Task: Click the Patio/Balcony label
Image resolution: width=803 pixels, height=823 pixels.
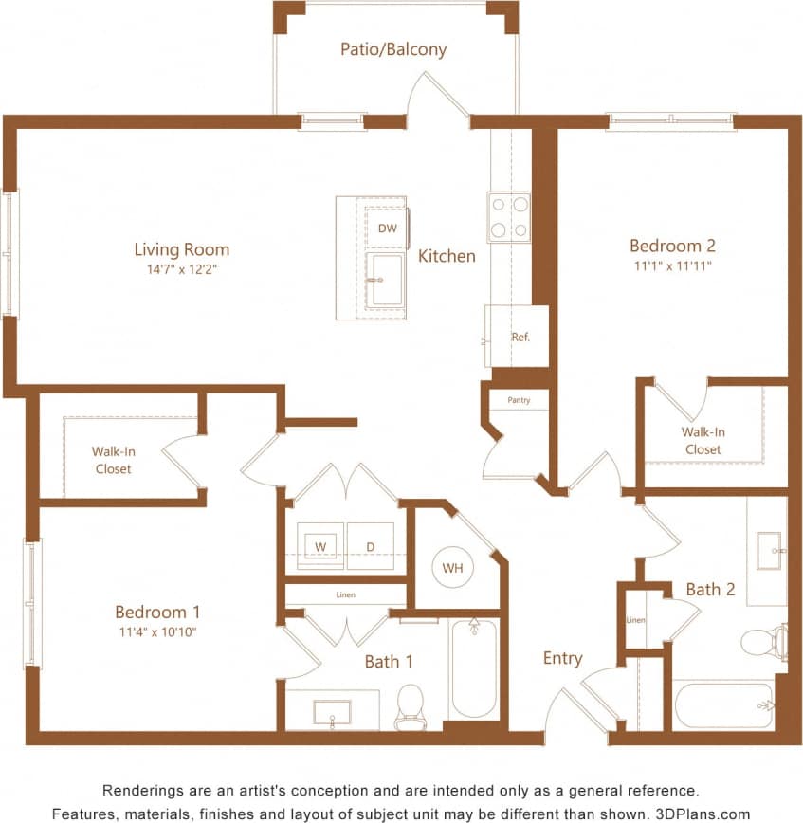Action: [393, 48]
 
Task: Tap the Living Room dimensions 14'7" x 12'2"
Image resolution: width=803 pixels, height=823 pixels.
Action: [181, 268]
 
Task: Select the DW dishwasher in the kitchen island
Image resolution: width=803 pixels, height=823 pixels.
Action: [387, 229]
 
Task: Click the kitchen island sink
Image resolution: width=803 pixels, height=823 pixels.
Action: [386, 281]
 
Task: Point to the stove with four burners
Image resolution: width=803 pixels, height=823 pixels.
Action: [509, 216]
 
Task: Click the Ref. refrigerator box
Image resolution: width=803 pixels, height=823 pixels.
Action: [520, 337]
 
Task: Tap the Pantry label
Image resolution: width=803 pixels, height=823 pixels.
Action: [519, 400]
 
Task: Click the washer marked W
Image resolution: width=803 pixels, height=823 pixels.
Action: [320, 546]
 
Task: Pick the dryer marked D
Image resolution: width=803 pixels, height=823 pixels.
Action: [370, 546]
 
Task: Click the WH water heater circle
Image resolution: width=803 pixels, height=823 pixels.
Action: [452, 568]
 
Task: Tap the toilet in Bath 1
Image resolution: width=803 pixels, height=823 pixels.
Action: [410, 707]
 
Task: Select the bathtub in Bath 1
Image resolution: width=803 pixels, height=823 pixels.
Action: [474, 668]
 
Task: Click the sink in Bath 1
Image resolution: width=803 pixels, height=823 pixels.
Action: [332, 712]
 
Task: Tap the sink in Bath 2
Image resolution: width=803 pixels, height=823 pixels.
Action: [768, 551]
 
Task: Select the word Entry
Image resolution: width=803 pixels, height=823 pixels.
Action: [562, 658]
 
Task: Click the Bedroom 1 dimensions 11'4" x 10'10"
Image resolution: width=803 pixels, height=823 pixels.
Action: [157, 631]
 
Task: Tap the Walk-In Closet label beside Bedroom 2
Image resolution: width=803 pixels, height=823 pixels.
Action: [703, 441]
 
